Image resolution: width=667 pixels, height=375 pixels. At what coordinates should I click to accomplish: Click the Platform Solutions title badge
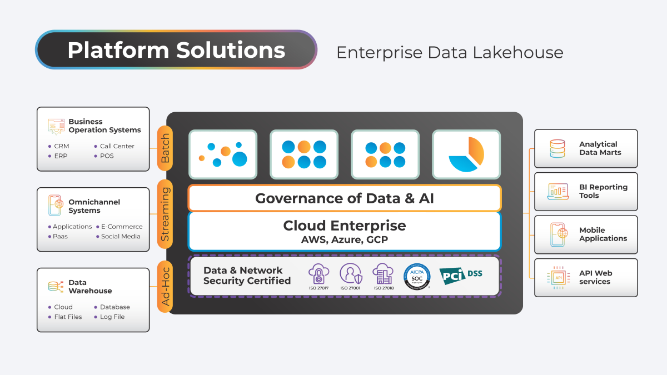pos(176,50)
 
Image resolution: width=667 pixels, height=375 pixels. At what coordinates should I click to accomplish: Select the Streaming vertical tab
pos(165,214)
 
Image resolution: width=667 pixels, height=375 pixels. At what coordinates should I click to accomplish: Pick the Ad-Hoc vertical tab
pos(165,286)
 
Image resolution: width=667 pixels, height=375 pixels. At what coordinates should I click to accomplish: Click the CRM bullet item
pos(61,146)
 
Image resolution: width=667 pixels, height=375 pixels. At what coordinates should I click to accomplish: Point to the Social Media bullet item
pos(121,236)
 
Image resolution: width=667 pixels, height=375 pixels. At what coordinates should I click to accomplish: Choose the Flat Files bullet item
pos(68,317)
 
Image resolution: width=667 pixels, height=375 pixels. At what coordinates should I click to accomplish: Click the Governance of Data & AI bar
pos(345,198)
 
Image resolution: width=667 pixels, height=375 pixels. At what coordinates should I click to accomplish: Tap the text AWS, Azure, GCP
pos(345,240)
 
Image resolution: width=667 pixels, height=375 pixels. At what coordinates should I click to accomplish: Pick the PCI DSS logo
pos(461,275)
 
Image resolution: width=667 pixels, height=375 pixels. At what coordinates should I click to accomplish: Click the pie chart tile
pos(466,154)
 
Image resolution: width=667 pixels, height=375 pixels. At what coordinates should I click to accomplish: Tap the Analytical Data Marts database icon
pos(557,148)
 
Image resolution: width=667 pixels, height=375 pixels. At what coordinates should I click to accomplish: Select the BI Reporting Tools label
pos(603,191)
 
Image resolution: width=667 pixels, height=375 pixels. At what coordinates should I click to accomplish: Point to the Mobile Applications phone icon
pos(558,234)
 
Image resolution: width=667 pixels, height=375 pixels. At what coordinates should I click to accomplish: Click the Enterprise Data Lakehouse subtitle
pos(450,52)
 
